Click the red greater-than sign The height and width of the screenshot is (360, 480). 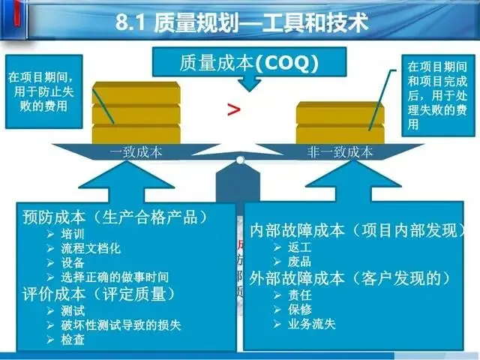pos(234,110)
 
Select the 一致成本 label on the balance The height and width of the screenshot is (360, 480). pos(130,151)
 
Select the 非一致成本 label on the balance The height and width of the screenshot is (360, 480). pos(340,151)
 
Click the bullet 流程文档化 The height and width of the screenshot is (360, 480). pos(91,247)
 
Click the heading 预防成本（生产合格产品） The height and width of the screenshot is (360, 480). pos(114,217)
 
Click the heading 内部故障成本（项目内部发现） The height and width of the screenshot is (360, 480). pos(354,230)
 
